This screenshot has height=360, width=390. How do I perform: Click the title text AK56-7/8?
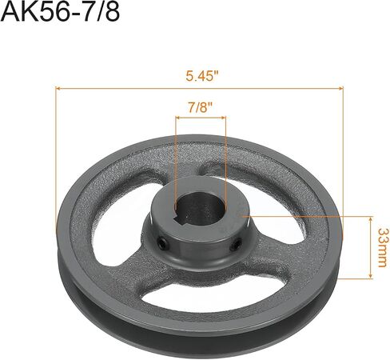tap(61, 11)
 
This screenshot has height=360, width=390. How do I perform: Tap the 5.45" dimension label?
tap(202, 76)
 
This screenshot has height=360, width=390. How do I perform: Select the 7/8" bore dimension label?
tap(201, 107)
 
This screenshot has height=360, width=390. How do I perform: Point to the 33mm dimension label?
tap(382, 247)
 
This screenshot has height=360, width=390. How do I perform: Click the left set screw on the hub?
tap(162, 243)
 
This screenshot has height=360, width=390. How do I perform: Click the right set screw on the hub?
tap(236, 245)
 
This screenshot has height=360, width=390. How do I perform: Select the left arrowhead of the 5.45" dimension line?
tap(58, 88)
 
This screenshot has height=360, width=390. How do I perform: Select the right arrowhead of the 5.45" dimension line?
tap(341, 88)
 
